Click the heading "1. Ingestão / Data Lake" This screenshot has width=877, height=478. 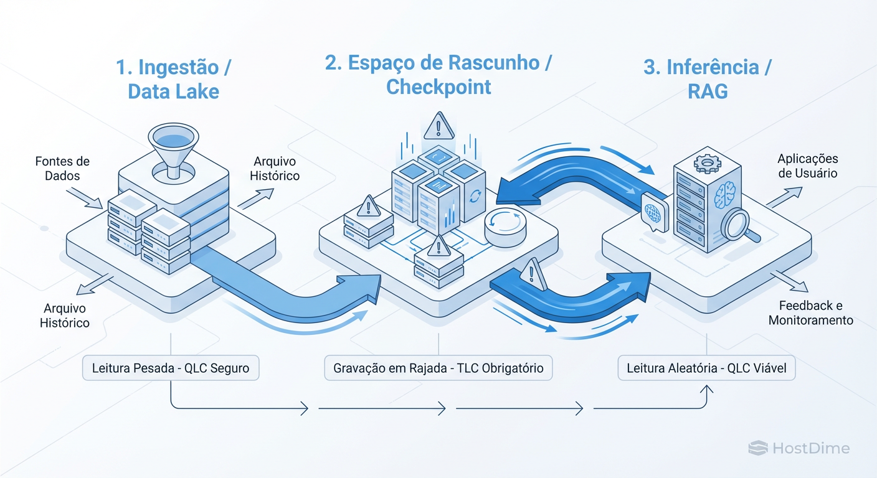click(173, 79)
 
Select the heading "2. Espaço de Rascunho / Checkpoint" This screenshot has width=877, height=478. click(439, 74)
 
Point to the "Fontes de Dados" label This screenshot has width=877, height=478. click(62, 168)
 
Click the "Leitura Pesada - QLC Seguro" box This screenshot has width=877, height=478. click(171, 368)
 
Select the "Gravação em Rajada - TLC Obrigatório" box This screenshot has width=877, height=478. click(439, 368)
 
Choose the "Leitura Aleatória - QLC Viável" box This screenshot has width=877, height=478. click(706, 368)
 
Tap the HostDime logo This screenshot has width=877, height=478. click(799, 448)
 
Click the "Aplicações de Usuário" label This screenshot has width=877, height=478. click(807, 166)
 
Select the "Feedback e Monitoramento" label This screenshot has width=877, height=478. click(810, 313)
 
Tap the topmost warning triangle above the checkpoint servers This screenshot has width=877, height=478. click(439, 126)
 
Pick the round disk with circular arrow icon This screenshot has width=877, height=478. click(502, 225)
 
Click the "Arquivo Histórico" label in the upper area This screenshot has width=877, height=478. click(275, 169)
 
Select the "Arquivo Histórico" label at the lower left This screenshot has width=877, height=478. click(65, 316)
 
